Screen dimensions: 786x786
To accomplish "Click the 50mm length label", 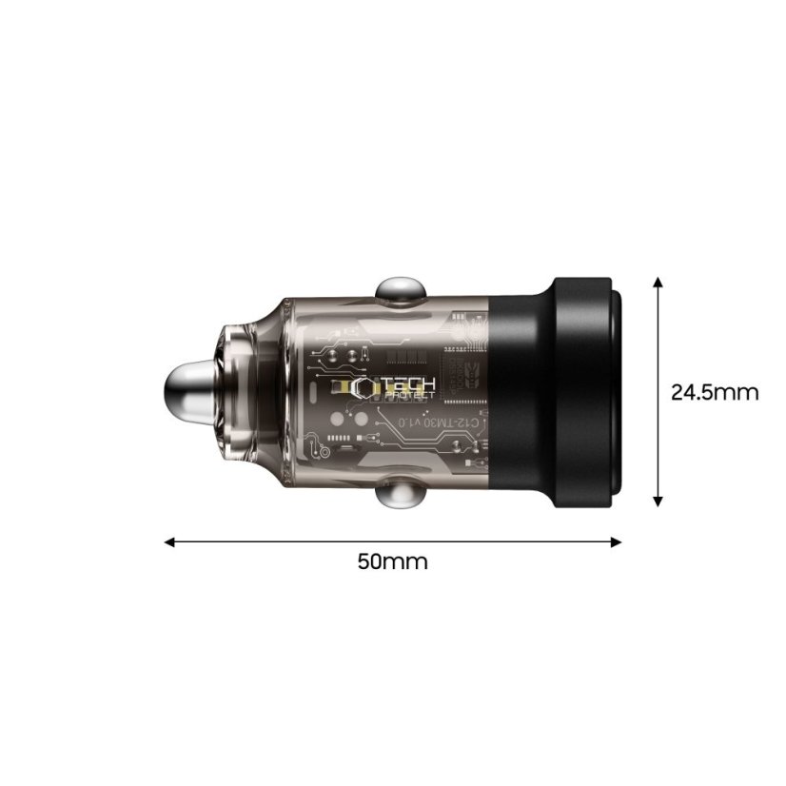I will click(392, 561).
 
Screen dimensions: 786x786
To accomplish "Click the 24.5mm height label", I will click(715, 392).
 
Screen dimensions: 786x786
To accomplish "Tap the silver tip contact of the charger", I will click(187, 393).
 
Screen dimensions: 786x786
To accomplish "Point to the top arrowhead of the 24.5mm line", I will click(658, 284).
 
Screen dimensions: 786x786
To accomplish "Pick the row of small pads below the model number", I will click(339, 440).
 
